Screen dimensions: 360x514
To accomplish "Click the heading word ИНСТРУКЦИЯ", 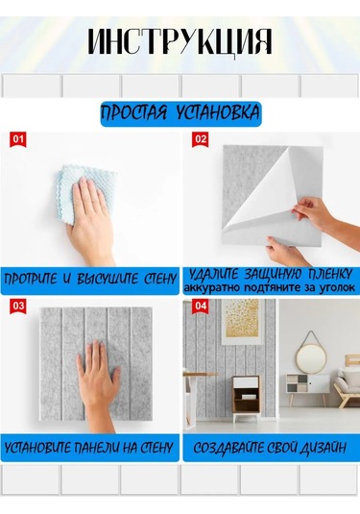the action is point(180,42).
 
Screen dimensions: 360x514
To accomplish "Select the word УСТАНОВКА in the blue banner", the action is point(218,113).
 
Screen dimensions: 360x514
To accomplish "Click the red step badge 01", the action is point(18,140).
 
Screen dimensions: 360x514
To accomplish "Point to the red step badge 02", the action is point(200,140).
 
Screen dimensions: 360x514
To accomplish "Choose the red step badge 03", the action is point(18,306).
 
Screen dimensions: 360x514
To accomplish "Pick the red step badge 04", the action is point(200,306).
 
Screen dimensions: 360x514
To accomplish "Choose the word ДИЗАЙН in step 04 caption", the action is point(323,448).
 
